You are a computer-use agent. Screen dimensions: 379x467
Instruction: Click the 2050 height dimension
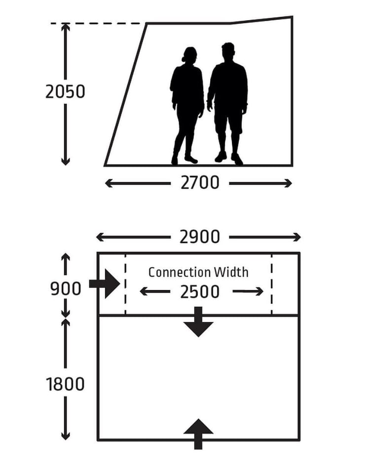click(x=65, y=91)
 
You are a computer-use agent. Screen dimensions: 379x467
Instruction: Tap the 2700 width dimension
click(x=200, y=182)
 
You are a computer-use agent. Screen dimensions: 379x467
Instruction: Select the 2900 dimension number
click(x=199, y=237)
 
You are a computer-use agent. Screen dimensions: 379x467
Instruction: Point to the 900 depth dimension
click(x=66, y=289)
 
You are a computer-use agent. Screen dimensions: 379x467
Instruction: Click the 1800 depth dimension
click(x=65, y=384)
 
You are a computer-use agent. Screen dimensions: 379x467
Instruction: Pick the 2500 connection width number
click(x=200, y=292)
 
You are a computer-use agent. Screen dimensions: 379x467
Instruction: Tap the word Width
click(x=231, y=272)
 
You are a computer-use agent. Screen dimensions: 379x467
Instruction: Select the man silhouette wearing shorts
click(x=227, y=104)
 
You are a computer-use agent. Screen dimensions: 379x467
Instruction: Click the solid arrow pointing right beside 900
click(x=105, y=284)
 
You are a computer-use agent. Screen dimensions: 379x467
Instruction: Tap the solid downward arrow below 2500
click(x=198, y=322)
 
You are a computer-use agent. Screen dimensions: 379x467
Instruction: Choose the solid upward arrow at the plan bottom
click(x=198, y=434)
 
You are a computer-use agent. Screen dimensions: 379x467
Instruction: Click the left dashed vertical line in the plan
click(x=125, y=285)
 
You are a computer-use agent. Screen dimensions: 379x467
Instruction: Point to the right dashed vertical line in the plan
click(x=271, y=285)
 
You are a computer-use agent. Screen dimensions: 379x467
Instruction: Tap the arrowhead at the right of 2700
click(x=288, y=183)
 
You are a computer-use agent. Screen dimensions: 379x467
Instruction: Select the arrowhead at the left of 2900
click(x=100, y=237)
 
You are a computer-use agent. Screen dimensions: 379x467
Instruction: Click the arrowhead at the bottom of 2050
click(x=66, y=161)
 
